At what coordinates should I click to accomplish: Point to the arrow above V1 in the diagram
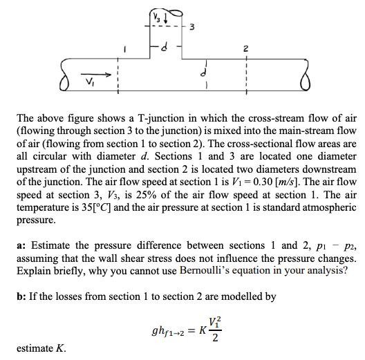point(97,75)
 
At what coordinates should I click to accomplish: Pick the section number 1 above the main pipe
point(124,50)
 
